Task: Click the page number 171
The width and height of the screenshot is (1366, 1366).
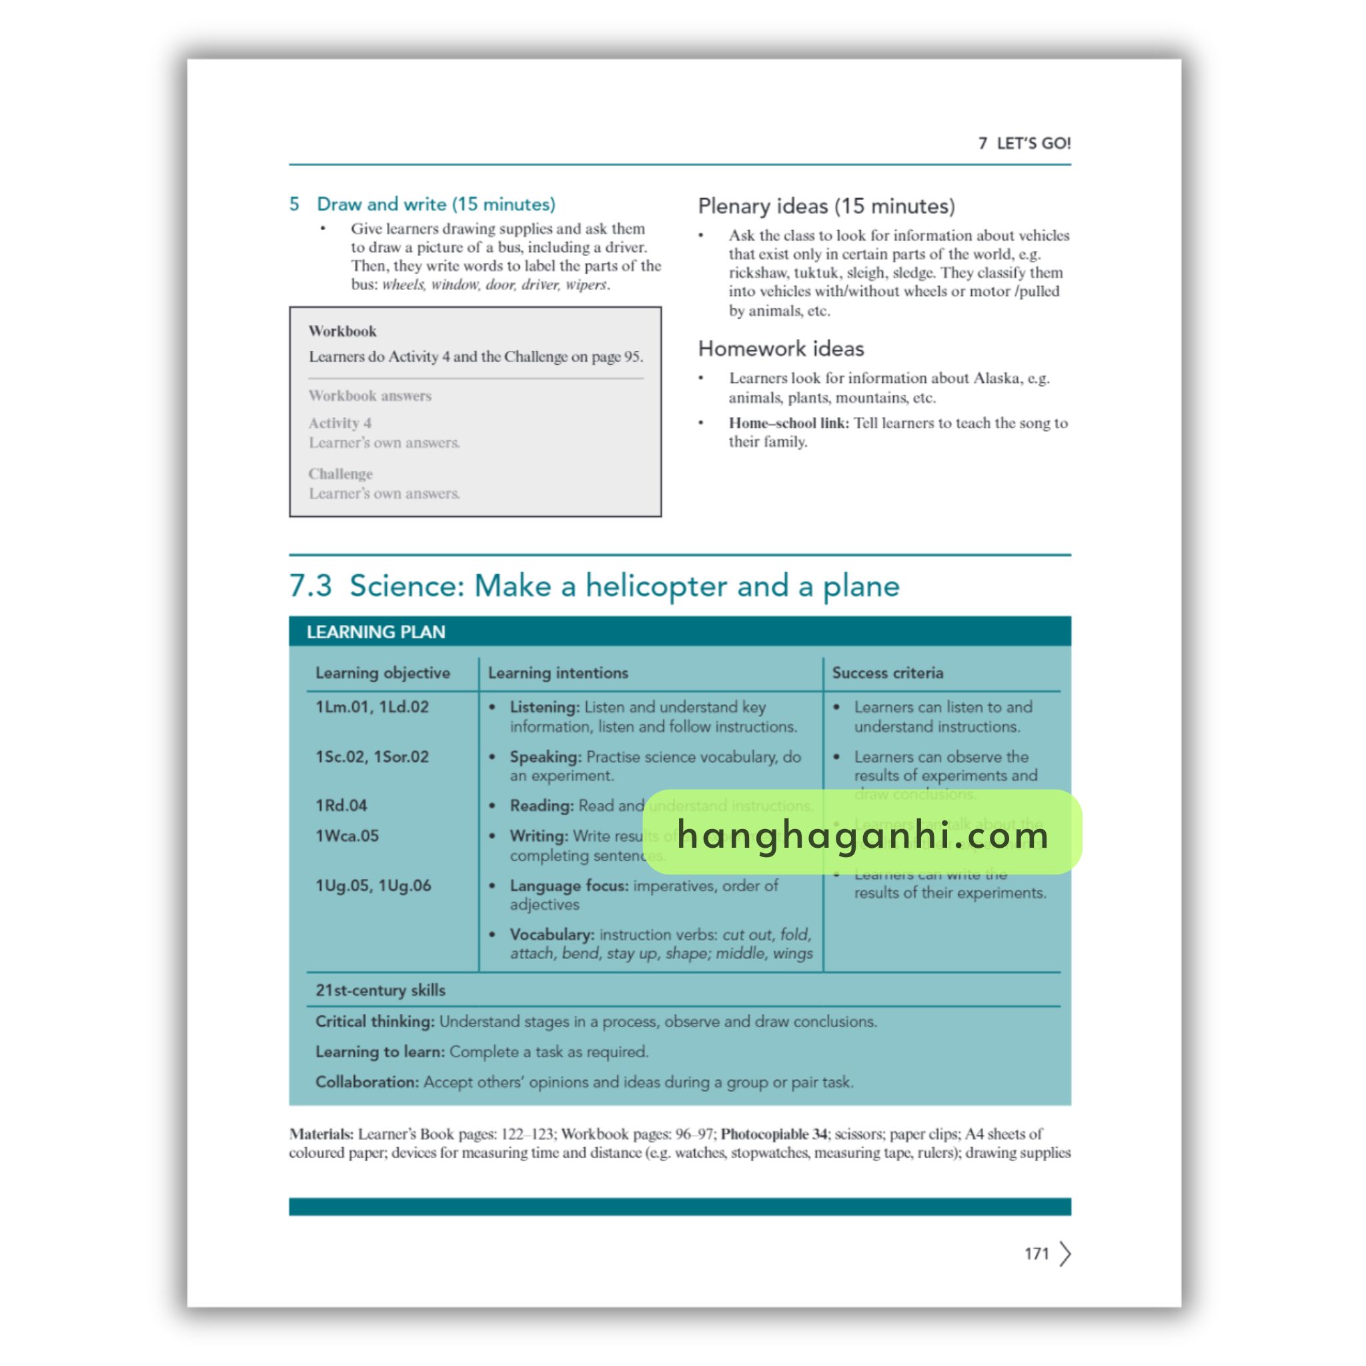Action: tap(1036, 1253)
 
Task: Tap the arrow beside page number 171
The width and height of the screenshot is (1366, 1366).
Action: tap(1065, 1253)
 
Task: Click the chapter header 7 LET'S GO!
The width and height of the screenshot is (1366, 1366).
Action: tap(1024, 143)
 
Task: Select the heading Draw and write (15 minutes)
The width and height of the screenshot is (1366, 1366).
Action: tap(436, 204)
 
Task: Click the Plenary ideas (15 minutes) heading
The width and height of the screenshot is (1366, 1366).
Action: tap(826, 207)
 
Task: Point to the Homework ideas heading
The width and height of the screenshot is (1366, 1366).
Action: tap(780, 349)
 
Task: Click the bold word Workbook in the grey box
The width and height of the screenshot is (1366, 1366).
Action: tap(342, 331)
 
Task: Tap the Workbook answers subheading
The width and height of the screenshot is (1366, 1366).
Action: tap(370, 396)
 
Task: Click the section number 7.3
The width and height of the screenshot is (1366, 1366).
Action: tap(310, 586)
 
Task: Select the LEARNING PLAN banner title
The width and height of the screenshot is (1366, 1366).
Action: tap(376, 632)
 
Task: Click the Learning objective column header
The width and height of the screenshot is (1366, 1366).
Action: tap(382, 673)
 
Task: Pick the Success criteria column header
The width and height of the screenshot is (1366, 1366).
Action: tap(887, 673)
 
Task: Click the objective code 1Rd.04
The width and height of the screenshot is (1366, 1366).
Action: tap(341, 805)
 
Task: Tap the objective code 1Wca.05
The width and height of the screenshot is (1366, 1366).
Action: tap(347, 836)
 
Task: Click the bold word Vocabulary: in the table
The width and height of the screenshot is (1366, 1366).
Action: tap(552, 934)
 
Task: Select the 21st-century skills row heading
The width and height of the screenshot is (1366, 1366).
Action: tap(380, 990)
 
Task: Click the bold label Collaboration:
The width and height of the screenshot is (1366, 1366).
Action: tap(367, 1083)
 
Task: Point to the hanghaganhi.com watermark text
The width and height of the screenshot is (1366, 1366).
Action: tap(862, 834)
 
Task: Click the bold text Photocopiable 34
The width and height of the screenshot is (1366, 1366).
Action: tap(774, 1134)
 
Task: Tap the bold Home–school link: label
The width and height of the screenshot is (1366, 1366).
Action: tap(788, 423)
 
